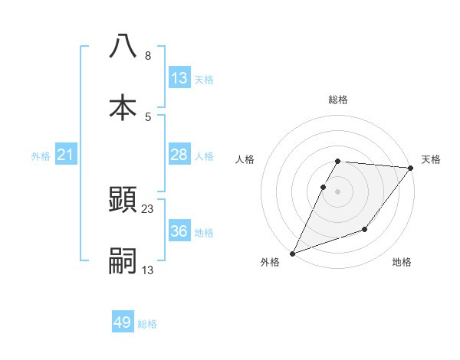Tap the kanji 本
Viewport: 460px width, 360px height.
pyautogui.click(x=123, y=107)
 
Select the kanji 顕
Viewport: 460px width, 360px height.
pyautogui.click(x=123, y=199)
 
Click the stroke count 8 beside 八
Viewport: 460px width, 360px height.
pyautogui.click(x=147, y=56)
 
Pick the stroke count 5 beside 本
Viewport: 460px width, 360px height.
pyautogui.click(x=147, y=117)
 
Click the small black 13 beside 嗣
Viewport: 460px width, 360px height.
pyautogui.click(x=148, y=270)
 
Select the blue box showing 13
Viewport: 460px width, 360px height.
pyautogui.click(x=179, y=78)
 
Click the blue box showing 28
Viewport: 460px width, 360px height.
pyautogui.click(x=179, y=155)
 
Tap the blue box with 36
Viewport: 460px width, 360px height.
pyautogui.click(x=179, y=231)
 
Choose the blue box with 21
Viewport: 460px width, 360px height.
pyautogui.click(x=66, y=155)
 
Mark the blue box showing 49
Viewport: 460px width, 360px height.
pyautogui.click(x=123, y=322)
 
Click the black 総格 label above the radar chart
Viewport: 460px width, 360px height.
pyautogui.click(x=338, y=100)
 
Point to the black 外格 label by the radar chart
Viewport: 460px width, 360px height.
pyautogui.click(x=270, y=262)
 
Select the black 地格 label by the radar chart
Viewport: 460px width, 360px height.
pyautogui.click(x=402, y=262)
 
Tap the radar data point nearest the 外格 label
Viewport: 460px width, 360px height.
pyautogui.click(x=292, y=253)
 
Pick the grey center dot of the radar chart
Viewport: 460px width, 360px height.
pyautogui.click(x=338, y=191)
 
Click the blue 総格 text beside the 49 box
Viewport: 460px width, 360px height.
pyautogui.click(x=147, y=324)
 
